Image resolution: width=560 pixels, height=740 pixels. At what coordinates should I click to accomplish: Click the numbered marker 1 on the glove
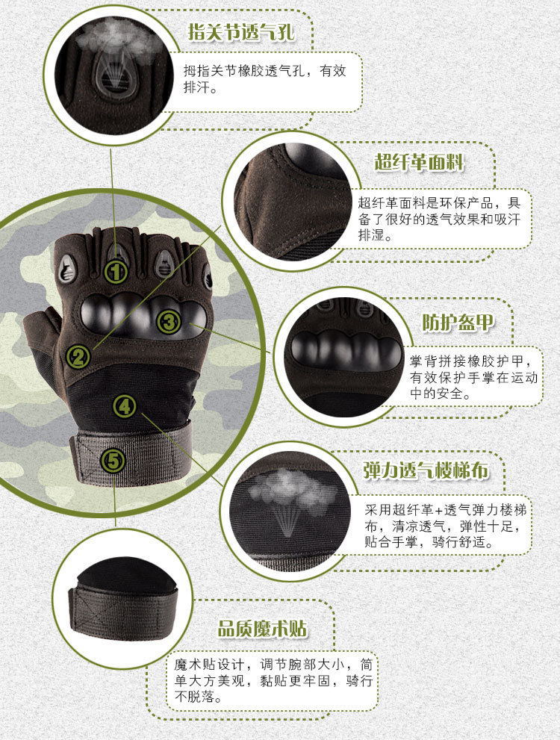point(116,271)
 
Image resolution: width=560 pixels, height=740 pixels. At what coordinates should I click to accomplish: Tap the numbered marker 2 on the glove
point(78,356)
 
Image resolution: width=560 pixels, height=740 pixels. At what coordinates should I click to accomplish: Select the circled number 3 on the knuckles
point(169,322)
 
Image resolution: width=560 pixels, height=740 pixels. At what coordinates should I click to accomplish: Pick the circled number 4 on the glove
point(125,406)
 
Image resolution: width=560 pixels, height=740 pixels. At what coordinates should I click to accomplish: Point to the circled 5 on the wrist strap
point(113,461)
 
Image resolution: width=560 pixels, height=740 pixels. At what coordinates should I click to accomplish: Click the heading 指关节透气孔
point(240,33)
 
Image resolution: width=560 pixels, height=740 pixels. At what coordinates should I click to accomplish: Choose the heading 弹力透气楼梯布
point(426,470)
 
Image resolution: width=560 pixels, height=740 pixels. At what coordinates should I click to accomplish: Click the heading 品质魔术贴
point(262,627)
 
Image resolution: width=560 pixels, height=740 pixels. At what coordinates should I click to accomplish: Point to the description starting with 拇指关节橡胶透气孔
point(265,78)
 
